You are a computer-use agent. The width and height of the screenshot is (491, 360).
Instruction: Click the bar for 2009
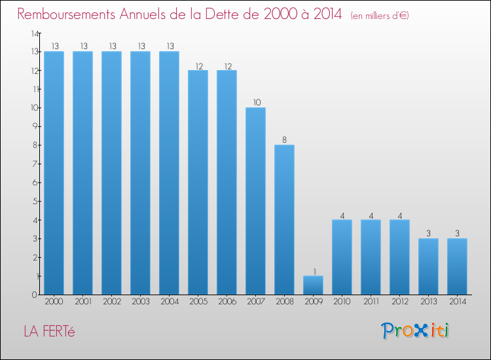click(x=313, y=285)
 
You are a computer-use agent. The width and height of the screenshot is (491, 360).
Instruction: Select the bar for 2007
click(x=255, y=201)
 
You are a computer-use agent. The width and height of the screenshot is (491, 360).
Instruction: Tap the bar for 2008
click(x=284, y=220)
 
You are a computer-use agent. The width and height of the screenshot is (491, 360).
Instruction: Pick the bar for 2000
click(x=54, y=173)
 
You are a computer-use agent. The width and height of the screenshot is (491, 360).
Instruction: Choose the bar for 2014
click(x=457, y=266)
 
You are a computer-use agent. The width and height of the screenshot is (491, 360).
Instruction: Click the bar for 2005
click(x=198, y=182)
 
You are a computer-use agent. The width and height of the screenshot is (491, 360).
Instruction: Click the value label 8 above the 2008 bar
click(x=284, y=139)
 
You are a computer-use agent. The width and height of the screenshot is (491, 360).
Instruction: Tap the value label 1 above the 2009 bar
click(x=313, y=271)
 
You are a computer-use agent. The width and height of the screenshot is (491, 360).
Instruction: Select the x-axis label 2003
click(x=140, y=301)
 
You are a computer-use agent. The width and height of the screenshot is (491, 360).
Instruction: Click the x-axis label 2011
click(x=371, y=301)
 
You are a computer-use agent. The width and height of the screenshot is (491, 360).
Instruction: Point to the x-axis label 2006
click(x=227, y=301)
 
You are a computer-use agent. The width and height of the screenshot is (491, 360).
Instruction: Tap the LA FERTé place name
click(x=50, y=331)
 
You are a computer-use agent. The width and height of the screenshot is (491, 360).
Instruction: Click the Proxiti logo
click(x=415, y=331)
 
